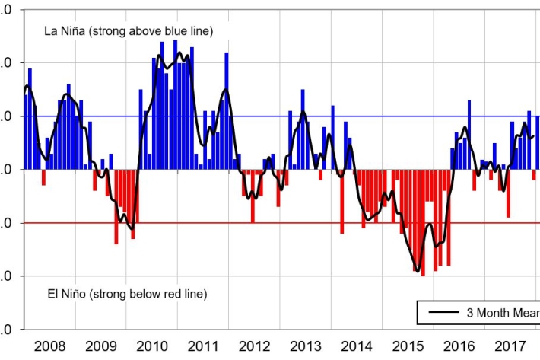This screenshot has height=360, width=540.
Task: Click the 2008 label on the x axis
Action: tap(50, 347)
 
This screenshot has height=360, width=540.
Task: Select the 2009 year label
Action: tap(101, 347)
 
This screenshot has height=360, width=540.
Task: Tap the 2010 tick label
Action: tap(152, 347)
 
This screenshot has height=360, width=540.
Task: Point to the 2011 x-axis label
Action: tap(203, 347)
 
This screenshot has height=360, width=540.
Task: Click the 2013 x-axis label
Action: tap(305, 347)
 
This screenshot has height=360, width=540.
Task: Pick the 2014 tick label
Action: tap(356, 347)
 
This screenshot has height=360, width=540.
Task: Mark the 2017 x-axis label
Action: tap(509, 347)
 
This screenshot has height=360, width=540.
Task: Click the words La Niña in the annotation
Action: tap(63, 31)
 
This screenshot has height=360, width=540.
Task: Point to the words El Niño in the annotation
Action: tap(62, 294)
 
